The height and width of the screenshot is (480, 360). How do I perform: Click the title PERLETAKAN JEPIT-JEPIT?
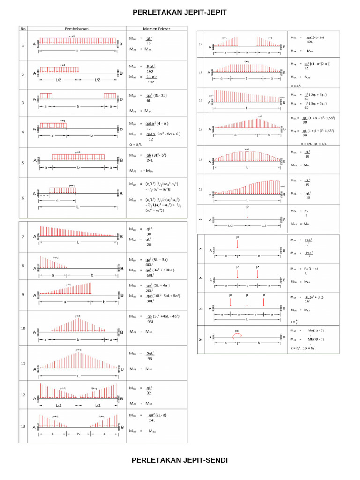point(180,13)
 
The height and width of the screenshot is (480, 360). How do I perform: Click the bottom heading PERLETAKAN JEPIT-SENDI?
point(180,460)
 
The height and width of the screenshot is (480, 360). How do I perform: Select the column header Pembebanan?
point(76,28)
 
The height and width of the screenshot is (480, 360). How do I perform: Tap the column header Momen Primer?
point(156,28)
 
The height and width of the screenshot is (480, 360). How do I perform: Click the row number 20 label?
point(200,218)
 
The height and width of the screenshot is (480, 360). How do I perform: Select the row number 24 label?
point(200,339)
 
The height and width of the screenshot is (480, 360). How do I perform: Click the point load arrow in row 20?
point(247,213)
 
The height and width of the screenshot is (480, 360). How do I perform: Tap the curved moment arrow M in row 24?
point(237,336)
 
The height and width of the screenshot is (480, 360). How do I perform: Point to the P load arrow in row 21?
point(238,244)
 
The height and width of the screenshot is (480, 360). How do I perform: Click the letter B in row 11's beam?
point(121,369)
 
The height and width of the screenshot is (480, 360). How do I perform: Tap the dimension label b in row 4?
point(91,135)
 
